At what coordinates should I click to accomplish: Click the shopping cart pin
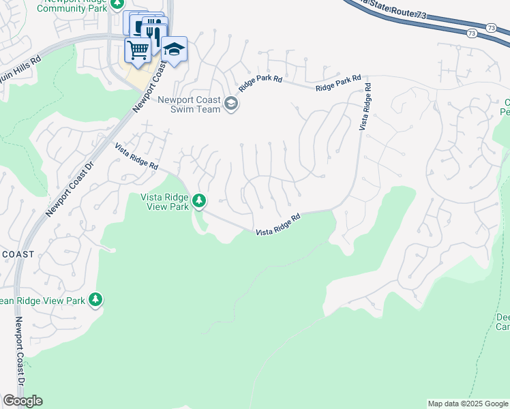(138, 50)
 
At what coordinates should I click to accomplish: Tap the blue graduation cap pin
(174, 50)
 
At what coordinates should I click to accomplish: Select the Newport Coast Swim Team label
(189, 104)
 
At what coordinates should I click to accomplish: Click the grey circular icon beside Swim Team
(231, 104)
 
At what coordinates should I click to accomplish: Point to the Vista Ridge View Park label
(164, 202)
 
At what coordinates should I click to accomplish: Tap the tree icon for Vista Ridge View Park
(199, 200)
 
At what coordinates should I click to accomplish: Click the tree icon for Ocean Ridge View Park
(95, 299)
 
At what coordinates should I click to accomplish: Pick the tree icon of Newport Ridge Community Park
(117, 3)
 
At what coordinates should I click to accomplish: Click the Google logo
(22, 401)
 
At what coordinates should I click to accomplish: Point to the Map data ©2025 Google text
(468, 404)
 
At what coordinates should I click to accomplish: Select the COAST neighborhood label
(18, 254)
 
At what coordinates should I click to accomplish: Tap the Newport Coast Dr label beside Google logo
(20, 361)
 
